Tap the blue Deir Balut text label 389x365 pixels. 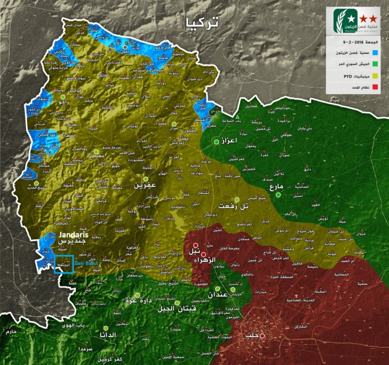pos(87,264)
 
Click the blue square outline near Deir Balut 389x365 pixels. pos(64,265)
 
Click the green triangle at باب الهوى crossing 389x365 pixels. pos(74,319)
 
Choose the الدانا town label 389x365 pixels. pos(108,335)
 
